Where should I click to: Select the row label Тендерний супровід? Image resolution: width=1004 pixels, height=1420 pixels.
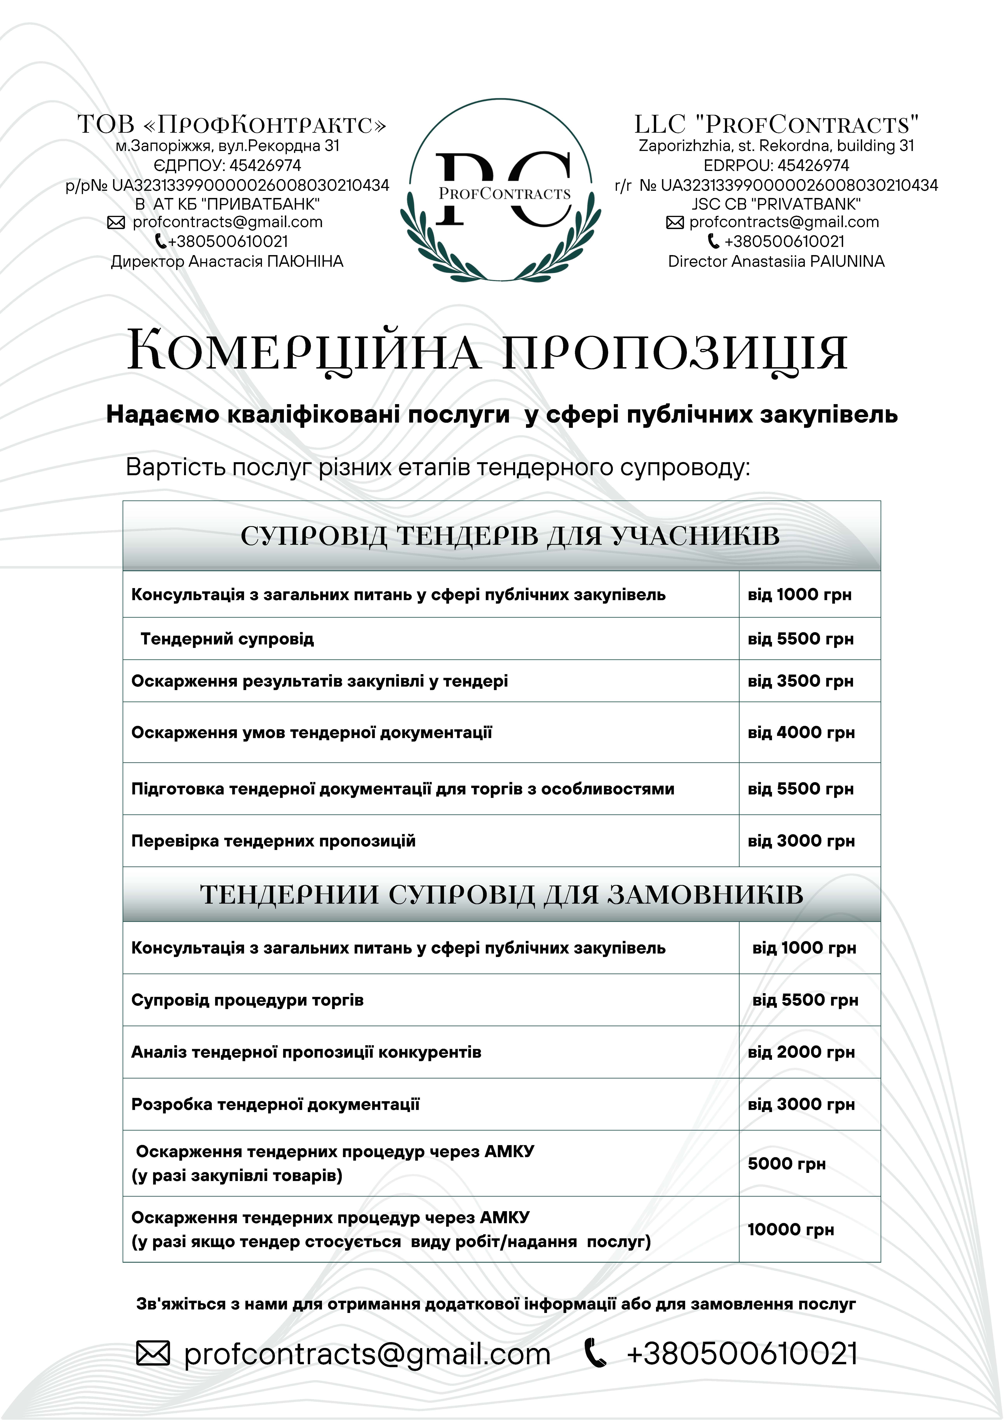click(227, 639)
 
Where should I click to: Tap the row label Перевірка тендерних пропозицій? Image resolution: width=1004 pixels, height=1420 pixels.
click(273, 841)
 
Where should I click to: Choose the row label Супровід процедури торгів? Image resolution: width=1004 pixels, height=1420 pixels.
click(247, 1000)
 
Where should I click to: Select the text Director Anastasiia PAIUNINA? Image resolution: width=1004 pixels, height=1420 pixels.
click(776, 262)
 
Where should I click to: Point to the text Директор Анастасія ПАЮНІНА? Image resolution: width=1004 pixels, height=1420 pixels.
click(227, 262)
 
